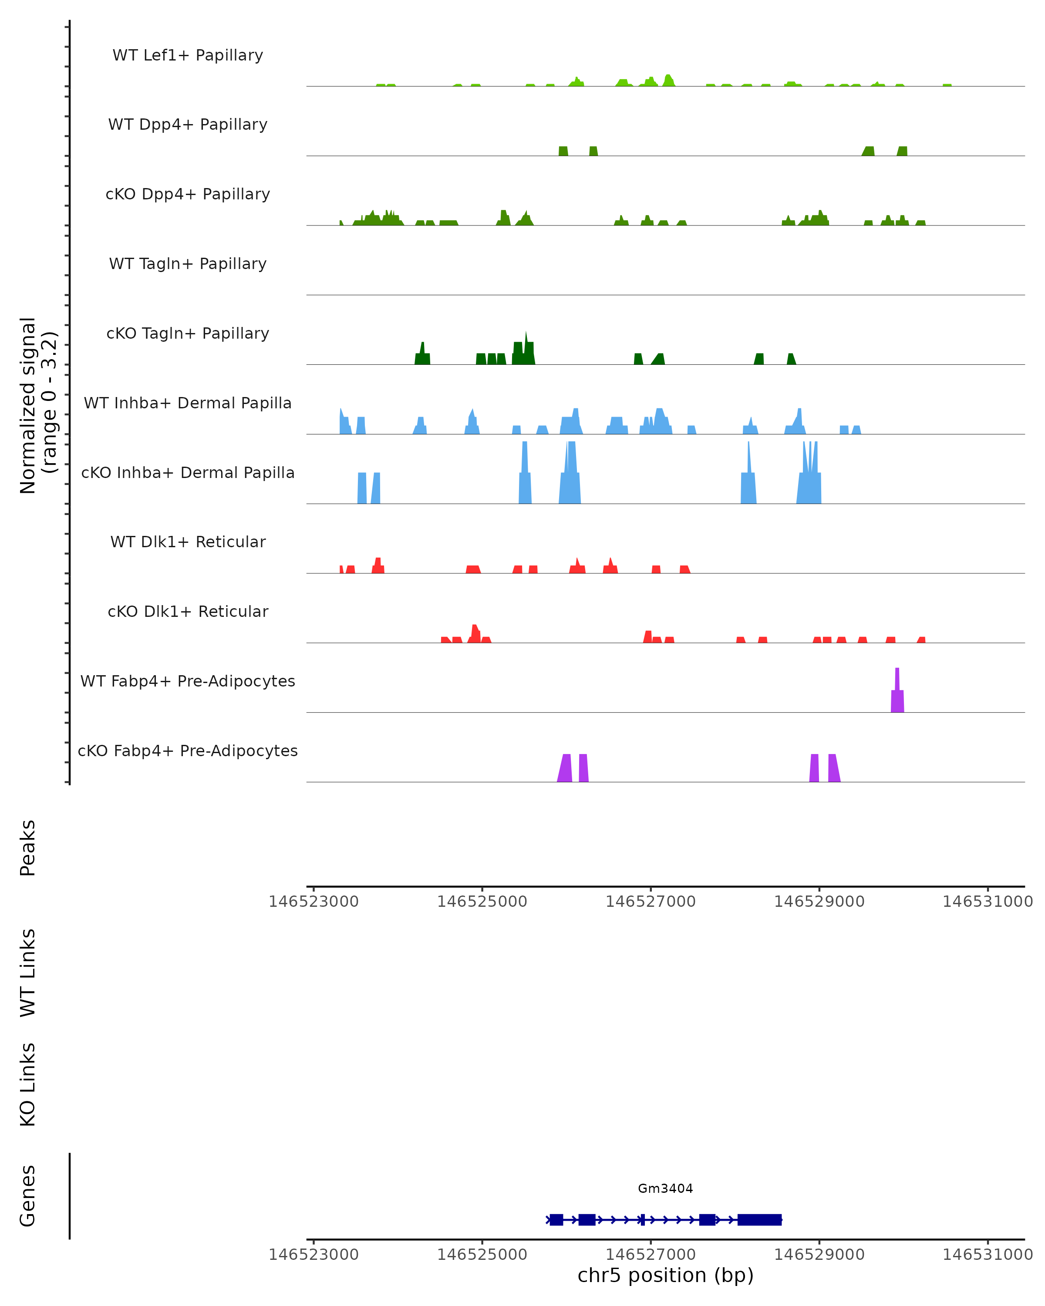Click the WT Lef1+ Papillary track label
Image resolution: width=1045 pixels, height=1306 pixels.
[x=188, y=55]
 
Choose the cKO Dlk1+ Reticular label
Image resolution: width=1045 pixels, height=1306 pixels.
[x=188, y=611]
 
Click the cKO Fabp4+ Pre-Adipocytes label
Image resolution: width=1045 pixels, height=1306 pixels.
[x=188, y=751]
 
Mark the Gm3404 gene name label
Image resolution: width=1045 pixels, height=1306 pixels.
[x=665, y=1188]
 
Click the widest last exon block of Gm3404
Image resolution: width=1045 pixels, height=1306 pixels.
[x=759, y=1220]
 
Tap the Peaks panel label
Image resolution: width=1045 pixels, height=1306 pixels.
[x=28, y=848]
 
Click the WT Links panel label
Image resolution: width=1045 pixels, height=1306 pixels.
[x=28, y=972]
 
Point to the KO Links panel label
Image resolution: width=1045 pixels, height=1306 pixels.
[x=28, y=1084]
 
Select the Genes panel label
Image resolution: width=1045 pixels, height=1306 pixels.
[x=28, y=1196]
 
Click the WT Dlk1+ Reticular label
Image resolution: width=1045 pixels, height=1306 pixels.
[x=188, y=542]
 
